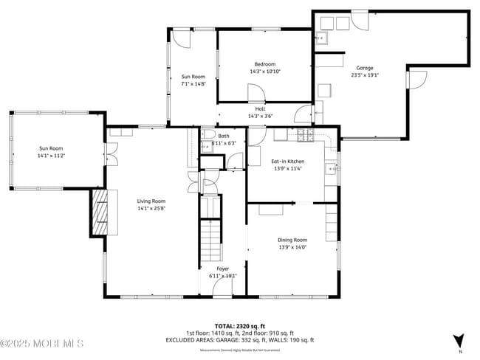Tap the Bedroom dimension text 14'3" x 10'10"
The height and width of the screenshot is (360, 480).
click(264, 71)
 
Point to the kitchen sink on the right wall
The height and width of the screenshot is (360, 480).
click(332, 170)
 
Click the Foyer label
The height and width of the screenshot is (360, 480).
click(222, 269)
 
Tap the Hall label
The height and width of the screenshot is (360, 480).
click(261, 108)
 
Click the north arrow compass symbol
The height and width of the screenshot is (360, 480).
click(459, 340)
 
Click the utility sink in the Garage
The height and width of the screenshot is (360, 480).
click(321, 41)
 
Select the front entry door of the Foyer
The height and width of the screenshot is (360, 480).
click(222, 291)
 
